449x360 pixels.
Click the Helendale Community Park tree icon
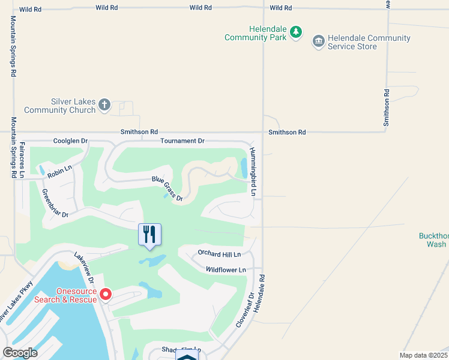point(295,32)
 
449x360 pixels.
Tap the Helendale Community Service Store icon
point(318,41)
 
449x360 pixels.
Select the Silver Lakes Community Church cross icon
point(104,106)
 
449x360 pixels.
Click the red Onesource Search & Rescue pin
point(106,294)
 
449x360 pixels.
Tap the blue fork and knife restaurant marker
point(149,235)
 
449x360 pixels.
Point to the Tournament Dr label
point(182,141)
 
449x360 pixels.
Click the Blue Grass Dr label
point(167,188)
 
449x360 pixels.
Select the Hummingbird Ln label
point(253,172)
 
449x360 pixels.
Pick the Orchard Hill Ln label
point(219,254)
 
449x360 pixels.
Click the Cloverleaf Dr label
point(246,309)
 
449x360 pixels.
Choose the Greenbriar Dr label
point(55,203)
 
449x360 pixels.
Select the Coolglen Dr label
point(70,141)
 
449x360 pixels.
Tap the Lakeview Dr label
point(85,268)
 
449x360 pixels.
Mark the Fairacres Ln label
point(22,160)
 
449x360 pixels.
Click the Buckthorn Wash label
point(433,240)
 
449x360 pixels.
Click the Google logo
point(20,353)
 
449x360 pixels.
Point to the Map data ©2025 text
point(423,355)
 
